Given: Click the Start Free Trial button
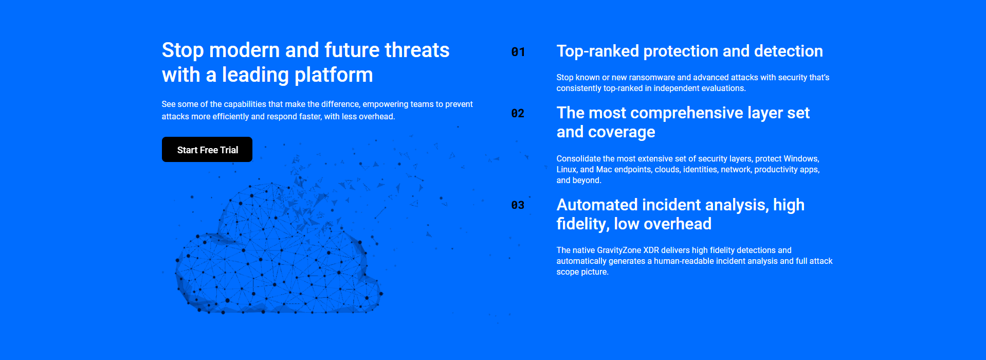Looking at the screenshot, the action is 207,150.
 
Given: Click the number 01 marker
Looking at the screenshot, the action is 518,52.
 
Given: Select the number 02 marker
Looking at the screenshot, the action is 518,113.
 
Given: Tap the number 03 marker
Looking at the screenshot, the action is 518,205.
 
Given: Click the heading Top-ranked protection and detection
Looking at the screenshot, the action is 689,51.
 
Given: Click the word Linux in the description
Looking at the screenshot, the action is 567,169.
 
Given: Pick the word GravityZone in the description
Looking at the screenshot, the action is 619,250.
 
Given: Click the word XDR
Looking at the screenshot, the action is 651,250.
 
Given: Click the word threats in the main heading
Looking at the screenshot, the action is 417,50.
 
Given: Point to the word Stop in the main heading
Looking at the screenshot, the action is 183,50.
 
